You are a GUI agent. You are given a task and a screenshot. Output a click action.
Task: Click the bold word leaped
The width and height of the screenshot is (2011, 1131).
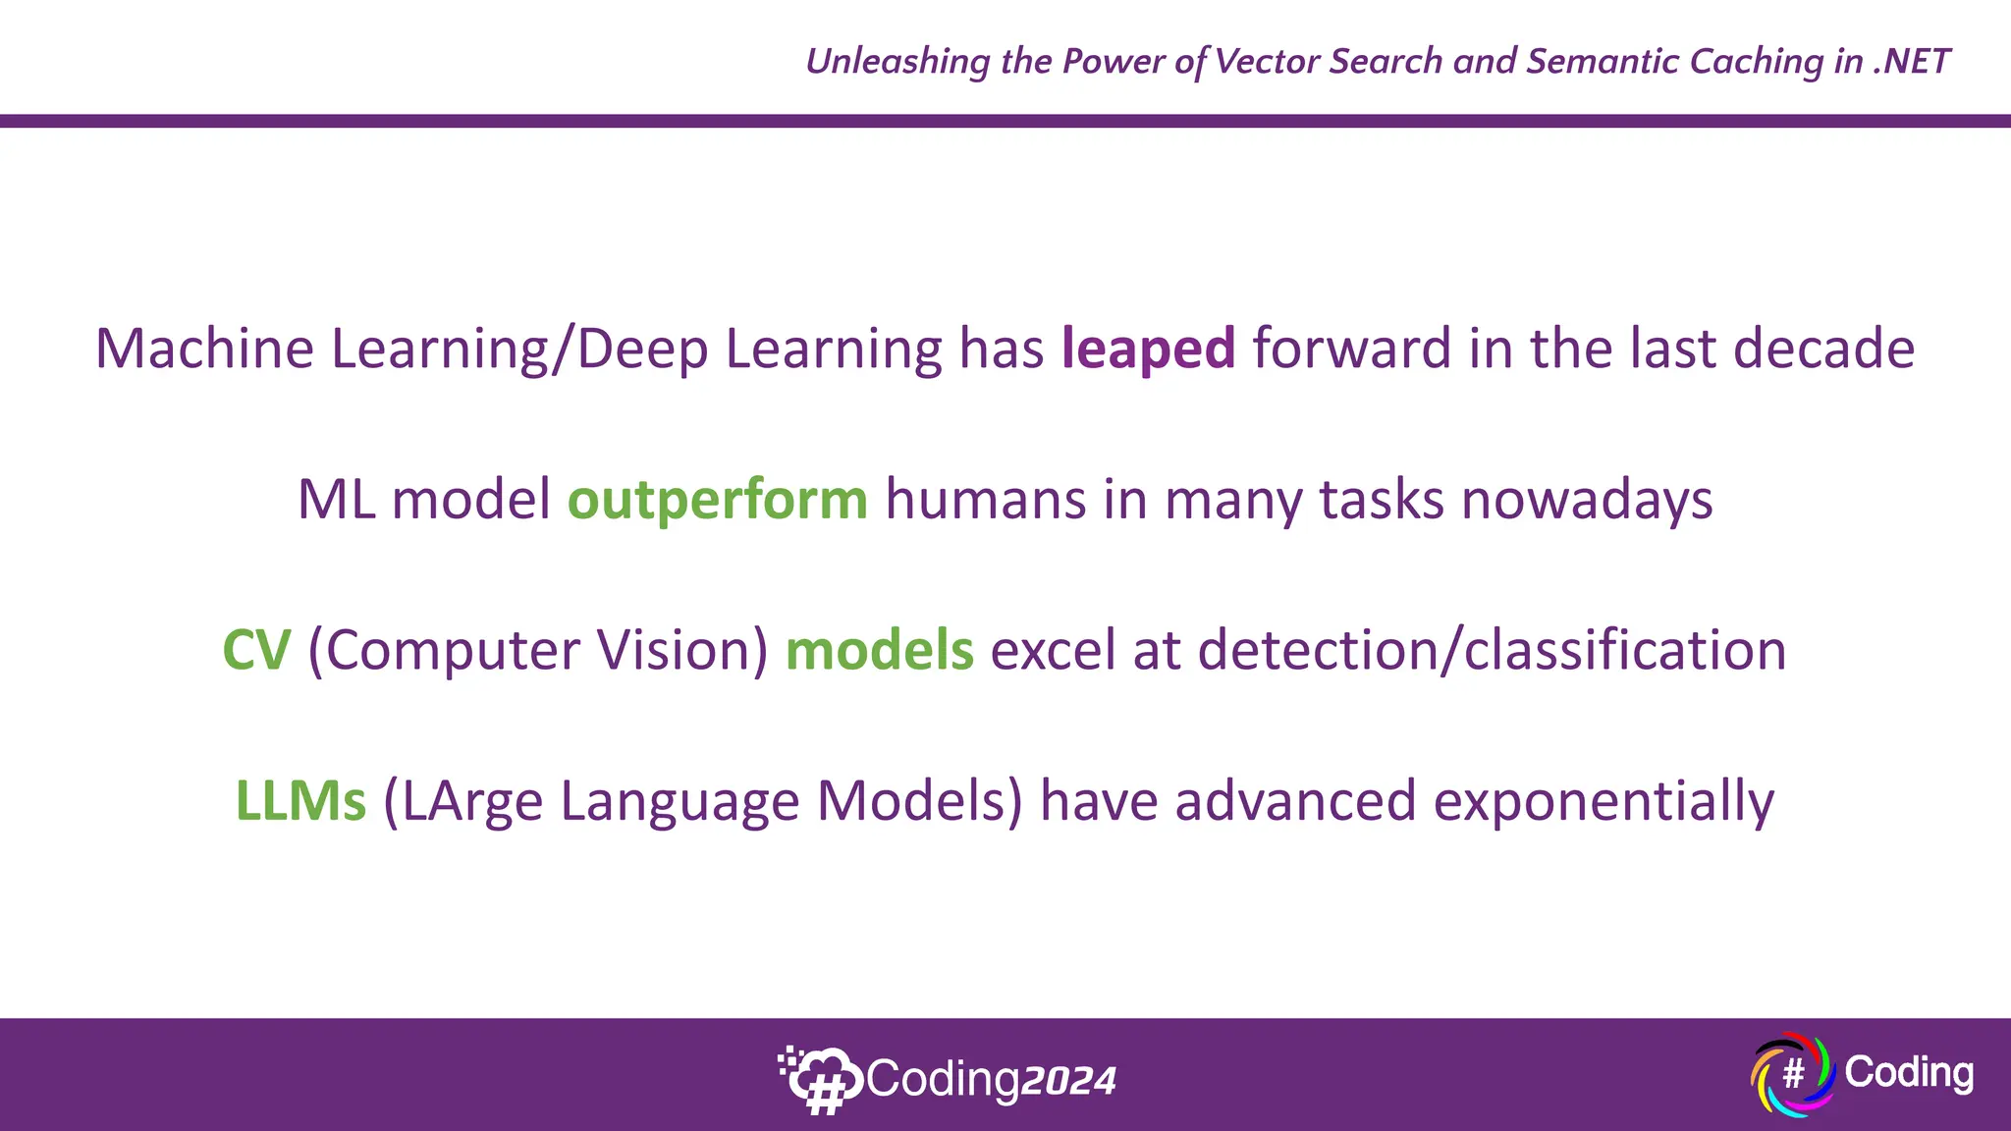tap(1148, 350)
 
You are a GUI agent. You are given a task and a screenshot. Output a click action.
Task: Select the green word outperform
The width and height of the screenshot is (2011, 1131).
tap(718, 501)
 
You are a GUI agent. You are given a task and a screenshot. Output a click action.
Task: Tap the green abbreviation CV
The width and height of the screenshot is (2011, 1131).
tap(256, 651)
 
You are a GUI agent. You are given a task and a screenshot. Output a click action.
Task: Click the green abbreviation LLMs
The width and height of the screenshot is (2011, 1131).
tap(300, 801)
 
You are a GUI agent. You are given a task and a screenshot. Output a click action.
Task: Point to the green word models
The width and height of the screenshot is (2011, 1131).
tap(879, 651)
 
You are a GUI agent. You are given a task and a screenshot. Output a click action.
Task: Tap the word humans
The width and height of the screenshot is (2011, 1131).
tap(985, 501)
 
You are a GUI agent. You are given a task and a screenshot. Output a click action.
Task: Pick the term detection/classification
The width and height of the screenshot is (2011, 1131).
tap(1491, 651)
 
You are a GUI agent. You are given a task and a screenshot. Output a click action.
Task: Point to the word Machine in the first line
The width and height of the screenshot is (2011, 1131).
tap(204, 350)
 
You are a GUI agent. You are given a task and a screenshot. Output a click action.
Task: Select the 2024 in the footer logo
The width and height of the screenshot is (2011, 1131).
tap(1068, 1081)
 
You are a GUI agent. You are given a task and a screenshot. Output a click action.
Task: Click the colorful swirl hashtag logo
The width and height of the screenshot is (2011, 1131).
tap(1793, 1074)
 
